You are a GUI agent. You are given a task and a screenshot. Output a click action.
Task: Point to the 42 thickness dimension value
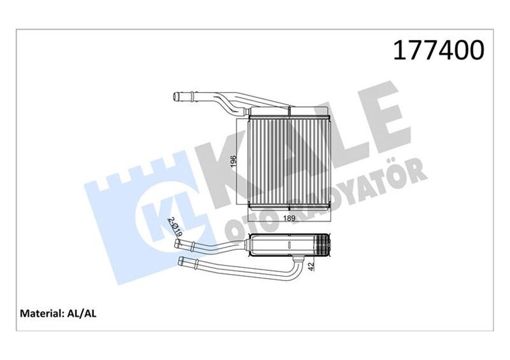(x=312, y=268)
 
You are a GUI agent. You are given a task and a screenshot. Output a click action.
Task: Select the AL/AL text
(x=81, y=313)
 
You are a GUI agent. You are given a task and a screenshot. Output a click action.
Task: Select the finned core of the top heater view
(x=289, y=159)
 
